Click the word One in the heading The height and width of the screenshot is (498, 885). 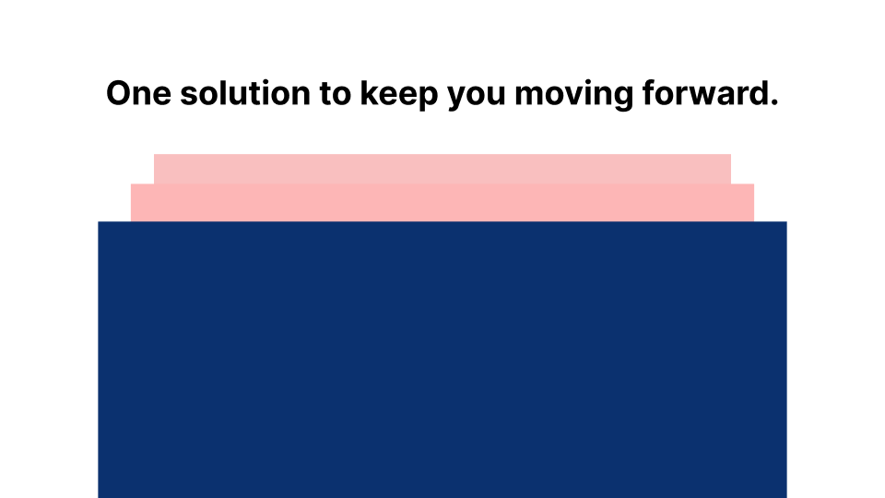tap(138, 93)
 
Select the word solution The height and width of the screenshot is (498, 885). tap(245, 92)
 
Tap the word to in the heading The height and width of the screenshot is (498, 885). tap(335, 94)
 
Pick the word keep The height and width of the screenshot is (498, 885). tap(399, 95)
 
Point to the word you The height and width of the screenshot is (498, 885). tap(477, 97)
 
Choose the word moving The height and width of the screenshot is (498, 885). tap(574, 95)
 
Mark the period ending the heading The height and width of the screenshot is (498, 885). tap(774, 102)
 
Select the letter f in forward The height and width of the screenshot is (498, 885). tap(649, 92)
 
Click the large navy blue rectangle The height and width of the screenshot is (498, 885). tap(442, 360)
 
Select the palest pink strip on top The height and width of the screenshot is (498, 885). tap(442, 169)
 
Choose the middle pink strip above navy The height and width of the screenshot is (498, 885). tap(442, 203)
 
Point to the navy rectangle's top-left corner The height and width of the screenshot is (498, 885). tap(99, 222)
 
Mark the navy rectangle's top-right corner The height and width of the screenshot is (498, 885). tap(786, 222)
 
